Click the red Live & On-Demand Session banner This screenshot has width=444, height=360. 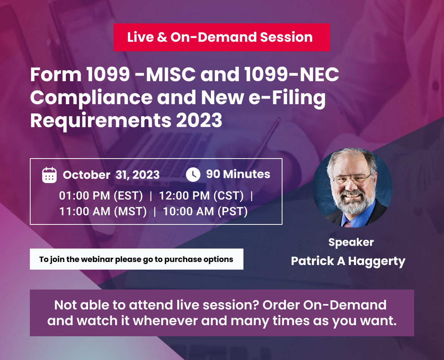[221, 37]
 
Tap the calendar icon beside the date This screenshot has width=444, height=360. [49, 175]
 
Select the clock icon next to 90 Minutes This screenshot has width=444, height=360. [193, 175]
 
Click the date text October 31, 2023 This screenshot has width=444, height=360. [111, 175]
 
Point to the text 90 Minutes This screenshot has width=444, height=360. [238, 174]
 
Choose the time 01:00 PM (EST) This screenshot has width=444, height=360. [101, 196]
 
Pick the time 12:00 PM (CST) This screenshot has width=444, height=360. [201, 196]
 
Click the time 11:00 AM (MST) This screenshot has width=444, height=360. [103, 211]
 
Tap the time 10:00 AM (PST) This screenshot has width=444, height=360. [205, 211]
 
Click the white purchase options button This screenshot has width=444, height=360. [136, 259]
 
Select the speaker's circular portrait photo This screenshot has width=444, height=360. [353, 188]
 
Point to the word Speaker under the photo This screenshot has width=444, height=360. [351, 242]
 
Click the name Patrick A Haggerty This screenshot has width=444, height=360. [348, 261]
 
